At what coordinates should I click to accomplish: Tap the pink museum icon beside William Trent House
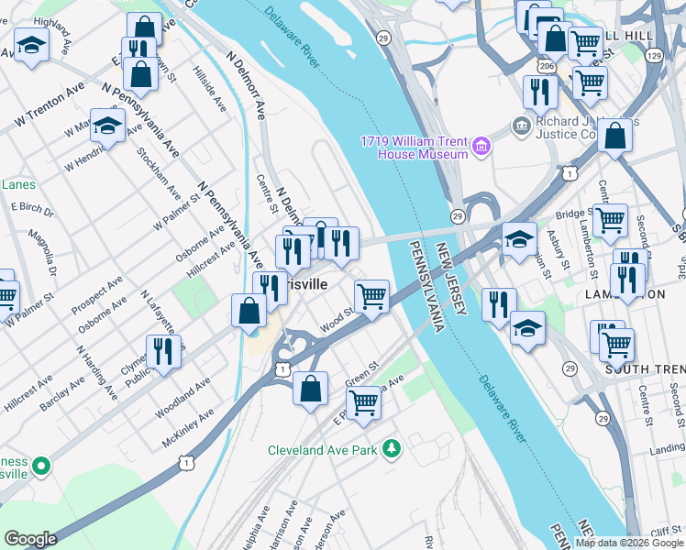pyautogui.click(x=481, y=146)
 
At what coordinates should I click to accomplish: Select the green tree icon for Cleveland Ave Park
pyautogui.click(x=392, y=448)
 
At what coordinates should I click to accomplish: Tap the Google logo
pyautogui.click(x=30, y=539)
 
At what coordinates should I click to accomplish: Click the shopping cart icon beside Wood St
pyautogui.click(x=371, y=296)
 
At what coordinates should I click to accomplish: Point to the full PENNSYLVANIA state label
pyautogui.click(x=426, y=286)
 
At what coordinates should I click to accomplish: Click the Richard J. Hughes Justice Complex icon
pyautogui.click(x=521, y=124)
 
